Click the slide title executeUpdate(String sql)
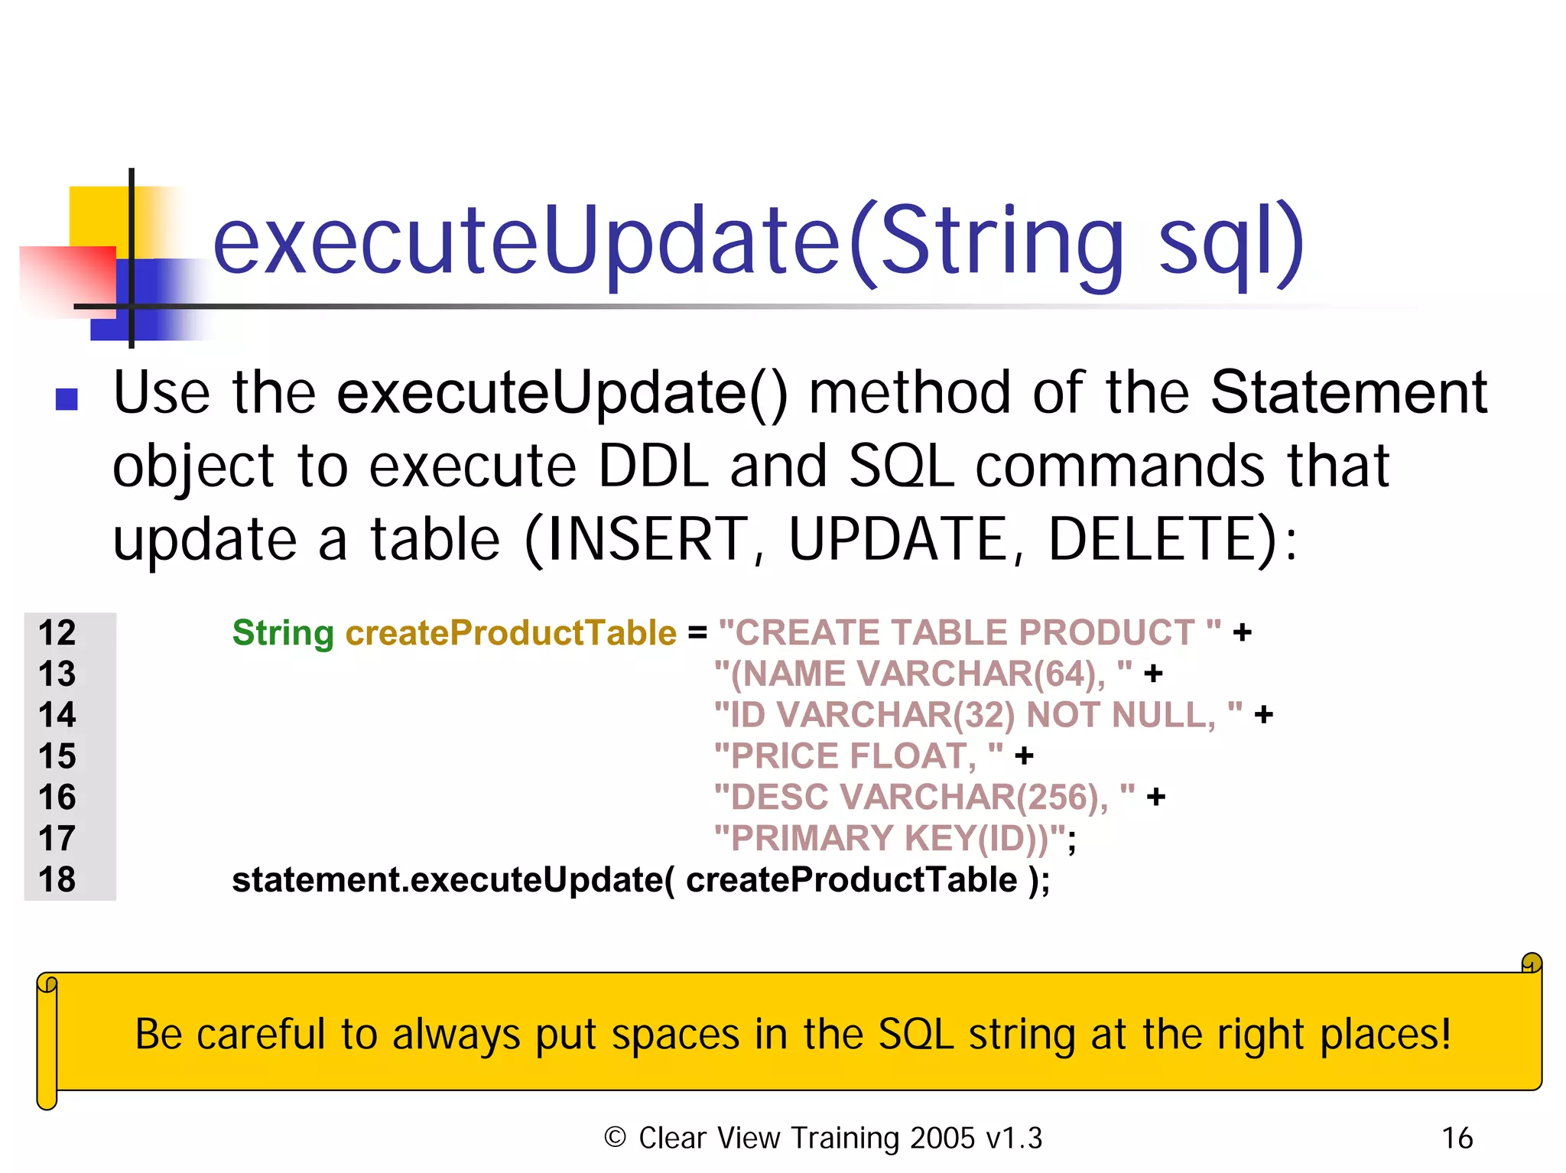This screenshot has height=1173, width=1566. click(x=757, y=243)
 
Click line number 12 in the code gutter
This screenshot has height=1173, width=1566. click(x=57, y=633)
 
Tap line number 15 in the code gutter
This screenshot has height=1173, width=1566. click(x=57, y=756)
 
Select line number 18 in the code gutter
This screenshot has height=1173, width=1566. click(x=57, y=879)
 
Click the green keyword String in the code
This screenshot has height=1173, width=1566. click(x=283, y=633)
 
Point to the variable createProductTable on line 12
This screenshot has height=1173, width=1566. click(x=511, y=633)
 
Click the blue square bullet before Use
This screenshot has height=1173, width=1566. click(x=67, y=399)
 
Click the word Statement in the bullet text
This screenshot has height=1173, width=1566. click(x=1349, y=392)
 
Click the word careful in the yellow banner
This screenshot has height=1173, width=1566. click(x=261, y=1034)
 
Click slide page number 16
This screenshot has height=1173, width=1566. click(x=1457, y=1138)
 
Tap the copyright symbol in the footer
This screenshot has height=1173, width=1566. click(x=615, y=1137)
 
